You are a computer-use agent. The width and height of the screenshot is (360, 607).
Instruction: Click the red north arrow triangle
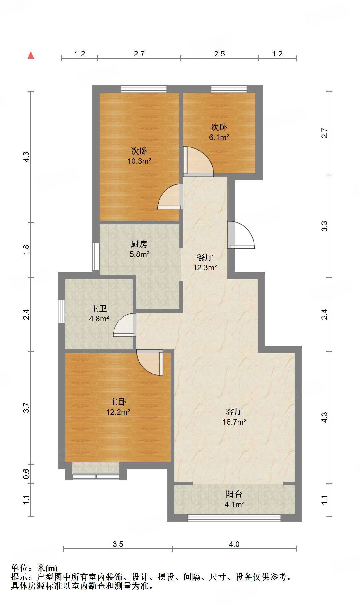[x=31, y=55]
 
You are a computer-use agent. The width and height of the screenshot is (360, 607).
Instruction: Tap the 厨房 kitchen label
[x=139, y=244]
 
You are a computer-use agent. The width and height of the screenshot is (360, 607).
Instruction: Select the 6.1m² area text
[x=219, y=138]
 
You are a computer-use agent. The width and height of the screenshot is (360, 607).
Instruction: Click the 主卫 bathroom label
[x=99, y=308]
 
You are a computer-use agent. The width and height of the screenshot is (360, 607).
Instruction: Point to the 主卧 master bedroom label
[x=118, y=402]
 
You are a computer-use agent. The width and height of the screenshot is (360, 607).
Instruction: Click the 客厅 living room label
[x=234, y=411]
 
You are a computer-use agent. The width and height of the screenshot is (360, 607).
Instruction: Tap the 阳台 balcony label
[x=234, y=494]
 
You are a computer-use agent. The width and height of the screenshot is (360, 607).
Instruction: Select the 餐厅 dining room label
[x=205, y=257]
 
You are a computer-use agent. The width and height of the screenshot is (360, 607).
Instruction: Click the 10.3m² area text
[x=139, y=161]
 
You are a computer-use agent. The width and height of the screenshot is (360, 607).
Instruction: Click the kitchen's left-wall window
[x=96, y=257]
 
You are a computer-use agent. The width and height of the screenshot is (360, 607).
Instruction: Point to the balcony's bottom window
[x=234, y=518]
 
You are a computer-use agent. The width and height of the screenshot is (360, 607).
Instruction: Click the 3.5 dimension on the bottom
[x=118, y=544]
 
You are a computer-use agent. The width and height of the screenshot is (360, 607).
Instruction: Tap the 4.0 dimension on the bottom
[x=234, y=544]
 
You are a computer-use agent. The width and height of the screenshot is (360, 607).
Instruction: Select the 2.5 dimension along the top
[x=219, y=54]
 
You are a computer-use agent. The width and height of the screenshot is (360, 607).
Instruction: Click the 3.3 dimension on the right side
[x=324, y=226]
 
